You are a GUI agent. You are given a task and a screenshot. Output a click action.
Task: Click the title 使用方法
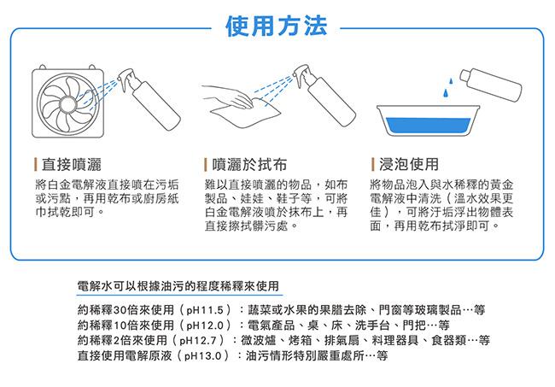point(276,26)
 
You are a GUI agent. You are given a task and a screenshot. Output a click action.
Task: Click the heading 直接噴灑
point(71,165)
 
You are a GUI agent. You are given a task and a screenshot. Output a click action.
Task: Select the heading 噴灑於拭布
point(249,165)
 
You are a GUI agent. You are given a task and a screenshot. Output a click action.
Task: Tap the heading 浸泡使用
point(409,164)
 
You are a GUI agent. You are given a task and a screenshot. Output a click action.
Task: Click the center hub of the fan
point(67,103)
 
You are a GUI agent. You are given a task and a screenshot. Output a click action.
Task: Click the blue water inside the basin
point(428,126)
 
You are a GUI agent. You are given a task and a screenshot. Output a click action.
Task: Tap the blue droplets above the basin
point(447,88)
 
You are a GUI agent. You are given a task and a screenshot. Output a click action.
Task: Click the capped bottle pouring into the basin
point(491,85)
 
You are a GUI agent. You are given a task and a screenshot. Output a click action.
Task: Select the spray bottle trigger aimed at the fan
point(126,79)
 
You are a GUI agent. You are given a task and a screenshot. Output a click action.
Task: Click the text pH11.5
point(205,310)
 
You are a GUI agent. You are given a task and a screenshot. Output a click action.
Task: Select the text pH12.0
point(205,325)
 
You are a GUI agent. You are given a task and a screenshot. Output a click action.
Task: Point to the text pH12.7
point(198,341)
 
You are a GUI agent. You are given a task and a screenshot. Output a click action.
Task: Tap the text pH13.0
point(203,356)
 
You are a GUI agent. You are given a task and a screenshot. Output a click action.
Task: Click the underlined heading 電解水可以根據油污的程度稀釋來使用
point(178,285)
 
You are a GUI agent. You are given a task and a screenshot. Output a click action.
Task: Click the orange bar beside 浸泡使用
point(373,164)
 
